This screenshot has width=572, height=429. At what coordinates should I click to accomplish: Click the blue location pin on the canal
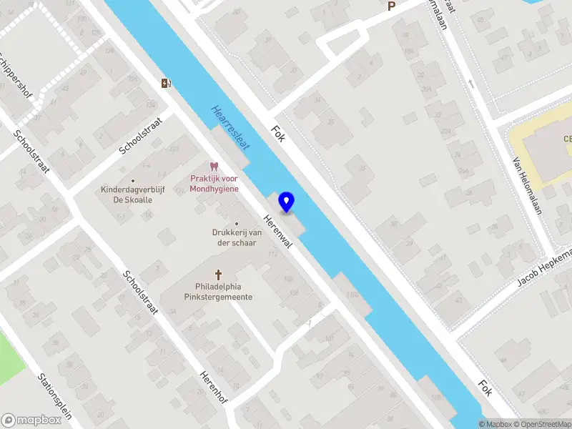click(x=287, y=202)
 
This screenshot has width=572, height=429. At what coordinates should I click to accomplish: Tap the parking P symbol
click(x=391, y=6)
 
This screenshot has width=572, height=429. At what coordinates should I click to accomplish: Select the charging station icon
click(x=167, y=84)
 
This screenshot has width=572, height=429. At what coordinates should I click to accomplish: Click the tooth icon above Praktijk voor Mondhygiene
click(x=212, y=167)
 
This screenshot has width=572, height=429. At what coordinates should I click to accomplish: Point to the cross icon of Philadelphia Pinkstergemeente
click(x=219, y=275)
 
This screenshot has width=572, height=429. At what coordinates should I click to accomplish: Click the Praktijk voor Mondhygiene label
click(x=214, y=184)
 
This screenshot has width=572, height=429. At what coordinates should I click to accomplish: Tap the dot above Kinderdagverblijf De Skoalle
click(x=132, y=181)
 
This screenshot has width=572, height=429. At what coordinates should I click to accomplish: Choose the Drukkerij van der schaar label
click(x=236, y=237)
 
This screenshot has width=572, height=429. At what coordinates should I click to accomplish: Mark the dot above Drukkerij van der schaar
click(x=237, y=223)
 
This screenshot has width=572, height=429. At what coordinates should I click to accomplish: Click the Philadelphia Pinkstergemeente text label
click(x=219, y=292)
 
